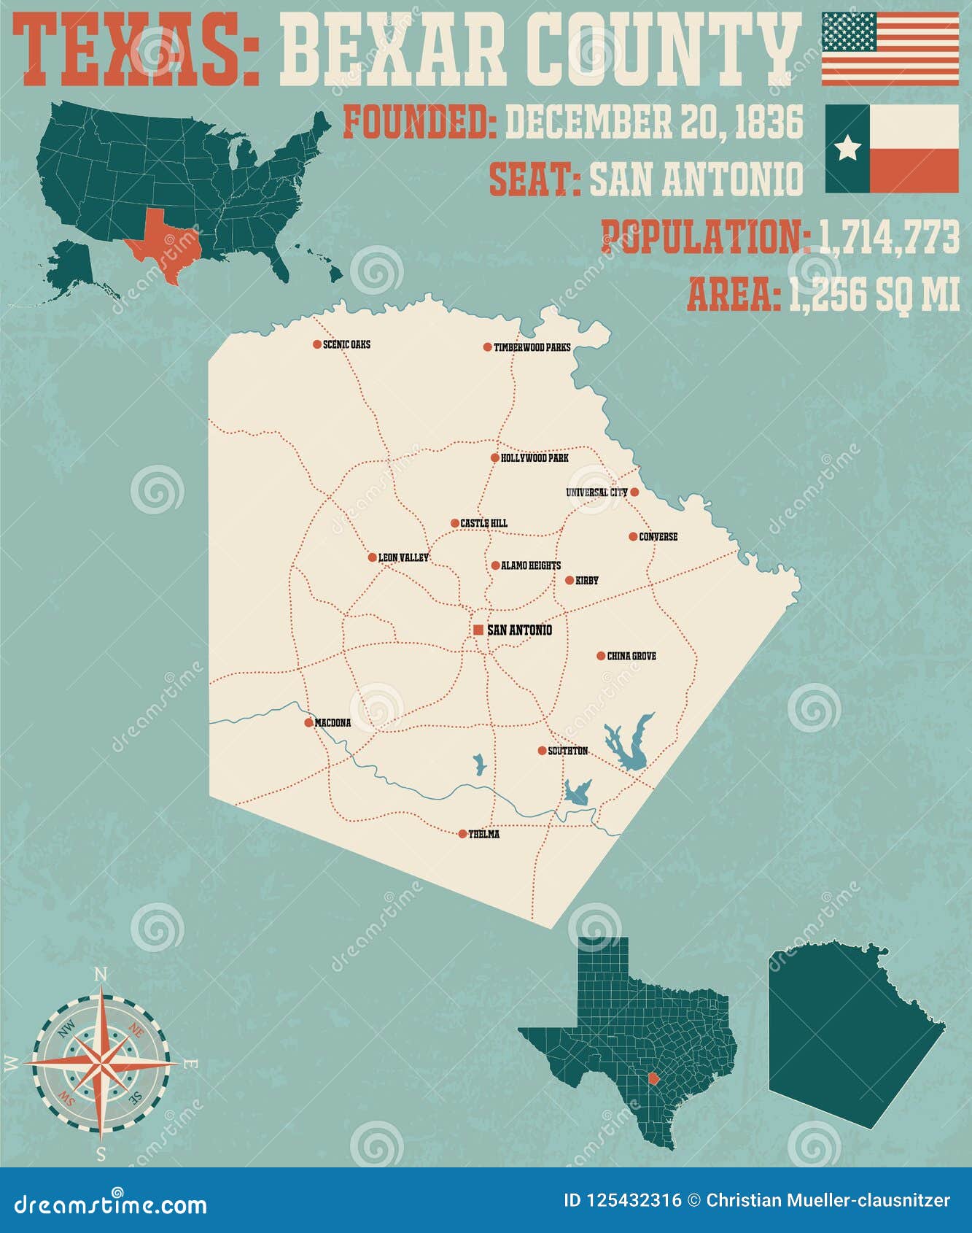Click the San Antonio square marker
[478, 630]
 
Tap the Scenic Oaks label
[346, 344]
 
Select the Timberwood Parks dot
[488, 347]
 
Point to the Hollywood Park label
[534, 458]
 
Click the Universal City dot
[634, 492]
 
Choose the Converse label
[658, 537]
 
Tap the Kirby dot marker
[569, 581]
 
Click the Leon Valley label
[403, 558]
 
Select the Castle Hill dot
[455, 523]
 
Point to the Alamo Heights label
[531, 565]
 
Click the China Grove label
[631, 657]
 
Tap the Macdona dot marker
[308, 723]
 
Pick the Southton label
[568, 751]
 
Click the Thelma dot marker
[462, 834]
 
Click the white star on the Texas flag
[847, 149]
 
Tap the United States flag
[890, 49]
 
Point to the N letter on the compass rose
[101, 975]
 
